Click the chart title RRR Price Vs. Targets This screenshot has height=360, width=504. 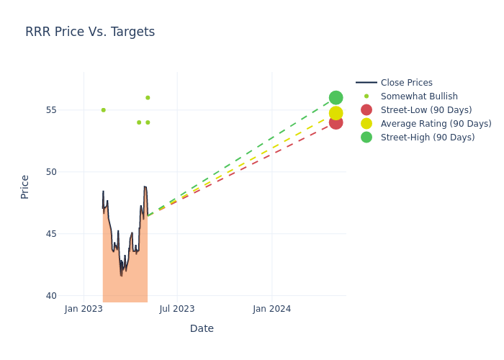click(90, 32)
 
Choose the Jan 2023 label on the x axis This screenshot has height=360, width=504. click(84, 309)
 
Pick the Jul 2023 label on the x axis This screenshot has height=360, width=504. click(177, 309)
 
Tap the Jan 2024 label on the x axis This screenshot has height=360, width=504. click(272, 309)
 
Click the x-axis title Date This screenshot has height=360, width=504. click(202, 328)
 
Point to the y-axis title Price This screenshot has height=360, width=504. click(25, 186)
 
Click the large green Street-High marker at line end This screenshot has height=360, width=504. click(336, 98)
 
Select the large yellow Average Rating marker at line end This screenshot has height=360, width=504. click(336, 113)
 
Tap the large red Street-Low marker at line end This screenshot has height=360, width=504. click(336, 122)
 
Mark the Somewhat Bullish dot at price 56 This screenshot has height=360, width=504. click(148, 98)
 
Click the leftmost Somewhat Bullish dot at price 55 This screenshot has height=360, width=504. click(103, 110)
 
